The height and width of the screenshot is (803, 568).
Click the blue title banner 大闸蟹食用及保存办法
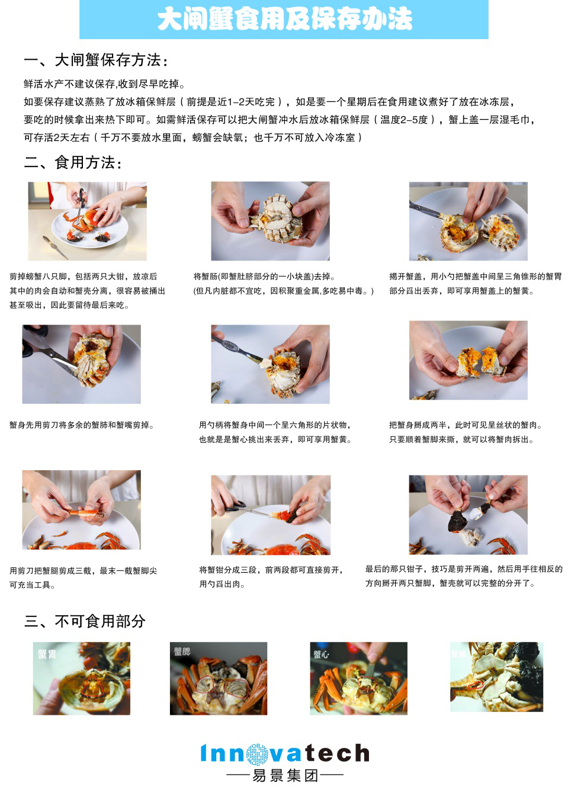[x=284, y=20]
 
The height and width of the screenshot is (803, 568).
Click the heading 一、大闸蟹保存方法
[x=96, y=60]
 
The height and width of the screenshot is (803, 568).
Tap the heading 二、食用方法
[x=73, y=162]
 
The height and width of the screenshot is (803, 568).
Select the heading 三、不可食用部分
[x=85, y=621]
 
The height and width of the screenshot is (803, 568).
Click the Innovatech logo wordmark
[x=285, y=753]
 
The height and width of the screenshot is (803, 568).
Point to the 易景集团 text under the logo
[x=285, y=775]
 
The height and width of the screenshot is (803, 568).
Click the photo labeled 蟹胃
[x=82, y=678]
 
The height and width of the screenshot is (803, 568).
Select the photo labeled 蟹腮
[x=218, y=678]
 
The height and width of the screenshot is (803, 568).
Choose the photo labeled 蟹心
[x=358, y=678]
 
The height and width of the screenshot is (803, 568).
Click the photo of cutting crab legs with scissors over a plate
[x=87, y=221]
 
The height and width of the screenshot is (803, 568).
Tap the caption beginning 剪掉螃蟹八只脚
[x=86, y=291]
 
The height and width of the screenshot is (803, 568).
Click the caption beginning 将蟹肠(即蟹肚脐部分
[x=283, y=284]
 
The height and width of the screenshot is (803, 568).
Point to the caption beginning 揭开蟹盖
[x=475, y=284]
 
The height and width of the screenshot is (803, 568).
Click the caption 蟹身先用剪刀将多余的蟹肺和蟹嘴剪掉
[x=82, y=425]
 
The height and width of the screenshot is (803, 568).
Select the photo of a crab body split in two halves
[x=468, y=360]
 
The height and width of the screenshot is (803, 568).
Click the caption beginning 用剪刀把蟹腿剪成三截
[x=83, y=577]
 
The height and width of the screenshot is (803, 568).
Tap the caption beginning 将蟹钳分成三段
[x=271, y=577]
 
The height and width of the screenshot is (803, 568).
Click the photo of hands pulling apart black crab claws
[x=468, y=514]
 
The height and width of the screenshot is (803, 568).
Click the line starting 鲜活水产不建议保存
[x=104, y=84]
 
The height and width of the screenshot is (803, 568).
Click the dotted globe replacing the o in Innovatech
[x=257, y=754]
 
